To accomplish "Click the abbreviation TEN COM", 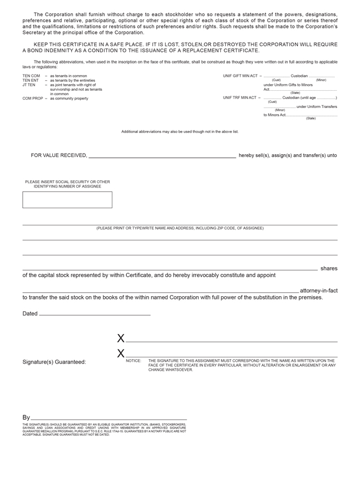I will point(31,76).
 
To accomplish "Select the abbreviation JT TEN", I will point(29,85).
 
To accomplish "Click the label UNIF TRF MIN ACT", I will point(240,97).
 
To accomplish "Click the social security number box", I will point(67,200).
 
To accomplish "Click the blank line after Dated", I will point(95,315).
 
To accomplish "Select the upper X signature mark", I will point(121,338).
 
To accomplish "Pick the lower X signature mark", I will point(121,353).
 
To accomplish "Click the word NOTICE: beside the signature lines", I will point(134,361).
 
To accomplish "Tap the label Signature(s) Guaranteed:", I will point(54,362).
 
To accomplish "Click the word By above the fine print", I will point(26,417).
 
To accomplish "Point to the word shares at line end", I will point(329,268).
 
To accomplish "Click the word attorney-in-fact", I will point(318,291).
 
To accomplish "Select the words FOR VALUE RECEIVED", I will point(59,155).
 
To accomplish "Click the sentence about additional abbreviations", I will point(180,132).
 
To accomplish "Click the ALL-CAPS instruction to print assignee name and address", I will point(180,228).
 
